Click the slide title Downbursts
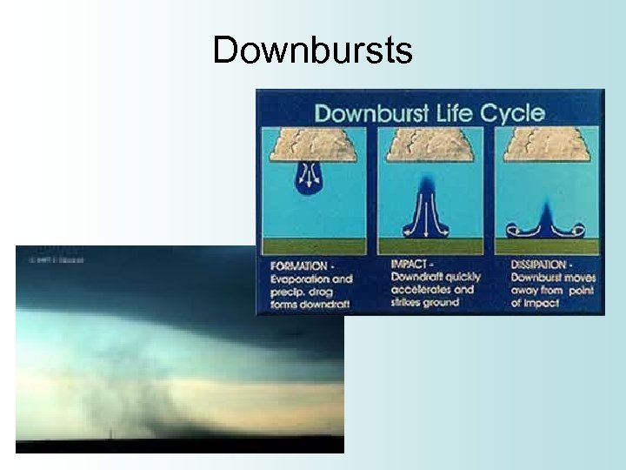(312, 50)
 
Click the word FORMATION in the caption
(299, 266)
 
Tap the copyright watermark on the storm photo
(56, 259)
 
